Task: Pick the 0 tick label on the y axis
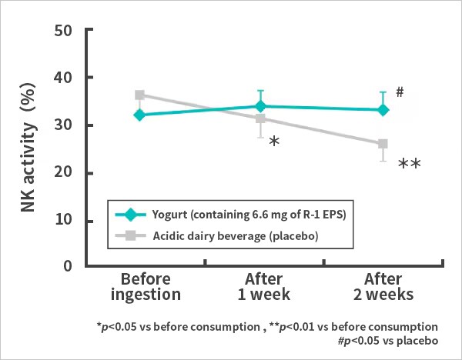[x=68, y=267]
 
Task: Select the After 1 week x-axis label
[x=260, y=286]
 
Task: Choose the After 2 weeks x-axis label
[x=383, y=286]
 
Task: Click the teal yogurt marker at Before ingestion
[x=139, y=115]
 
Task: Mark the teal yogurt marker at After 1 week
[x=260, y=106]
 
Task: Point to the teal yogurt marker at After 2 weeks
[x=383, y=110]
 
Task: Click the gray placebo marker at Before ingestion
[x=139, y=95]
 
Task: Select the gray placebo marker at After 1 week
[x=260, y=118]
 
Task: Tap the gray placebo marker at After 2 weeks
[x=383, y=144]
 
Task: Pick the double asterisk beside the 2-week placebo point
[x=409, y=165]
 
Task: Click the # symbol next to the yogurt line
[x=400, y=92]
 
